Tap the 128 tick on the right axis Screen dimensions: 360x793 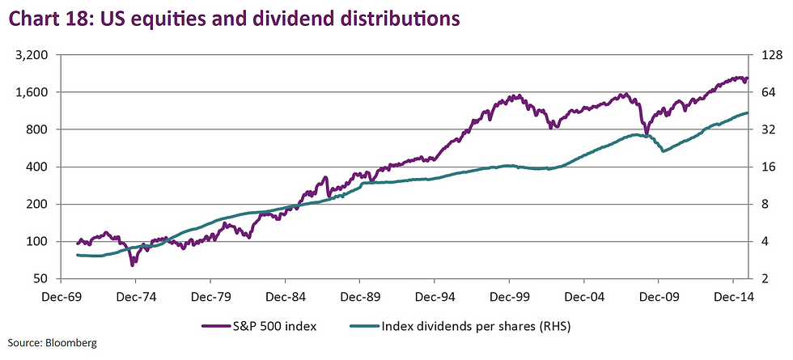(x=769, y=55)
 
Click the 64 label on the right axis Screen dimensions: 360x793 (x=765, y=92)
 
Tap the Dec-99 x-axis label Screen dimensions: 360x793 (x=510, y=296)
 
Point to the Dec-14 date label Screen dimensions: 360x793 (x=732, y=296)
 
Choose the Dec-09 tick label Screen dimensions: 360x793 (x=658, y=296)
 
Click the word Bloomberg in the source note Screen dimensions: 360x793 (x=70, y=343)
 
